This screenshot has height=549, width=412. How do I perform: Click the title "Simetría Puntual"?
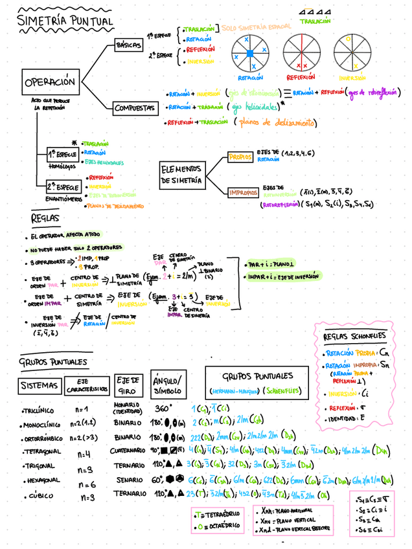(65, 21)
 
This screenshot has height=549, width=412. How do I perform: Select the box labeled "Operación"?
(50, 82)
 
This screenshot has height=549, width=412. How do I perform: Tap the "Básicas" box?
(128, 45)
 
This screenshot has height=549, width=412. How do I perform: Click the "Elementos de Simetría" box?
(181, 175)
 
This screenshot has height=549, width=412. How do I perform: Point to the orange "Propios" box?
(240, 157)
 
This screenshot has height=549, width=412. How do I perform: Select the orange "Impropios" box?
(243, 192)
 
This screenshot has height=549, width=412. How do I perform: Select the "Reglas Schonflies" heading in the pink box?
(354, 336)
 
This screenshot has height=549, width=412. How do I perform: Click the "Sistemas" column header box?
(39, 386)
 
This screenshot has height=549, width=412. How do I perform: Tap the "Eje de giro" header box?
(129, 385)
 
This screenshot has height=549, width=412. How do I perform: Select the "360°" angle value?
(163, 409)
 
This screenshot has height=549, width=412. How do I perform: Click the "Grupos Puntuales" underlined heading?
(54, 362)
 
